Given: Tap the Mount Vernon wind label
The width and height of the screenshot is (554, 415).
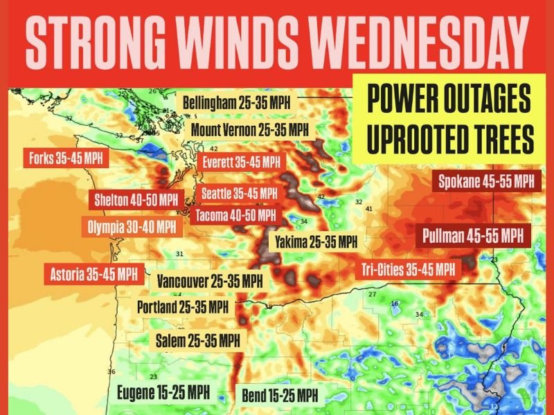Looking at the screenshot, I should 249,129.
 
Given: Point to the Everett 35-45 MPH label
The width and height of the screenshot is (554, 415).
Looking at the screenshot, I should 241,162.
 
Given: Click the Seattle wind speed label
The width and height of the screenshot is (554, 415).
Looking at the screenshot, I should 239,193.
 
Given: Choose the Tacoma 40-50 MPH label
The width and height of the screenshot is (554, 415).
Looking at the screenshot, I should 235,215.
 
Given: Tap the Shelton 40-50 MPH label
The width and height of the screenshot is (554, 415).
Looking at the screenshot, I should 136,201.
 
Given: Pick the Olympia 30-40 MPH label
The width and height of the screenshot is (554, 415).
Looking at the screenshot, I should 132,226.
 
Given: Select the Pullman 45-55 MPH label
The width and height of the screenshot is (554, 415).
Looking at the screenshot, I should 474,235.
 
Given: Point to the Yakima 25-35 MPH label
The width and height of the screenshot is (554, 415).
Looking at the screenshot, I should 316,242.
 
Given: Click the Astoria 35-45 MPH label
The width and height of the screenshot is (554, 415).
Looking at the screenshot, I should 94,273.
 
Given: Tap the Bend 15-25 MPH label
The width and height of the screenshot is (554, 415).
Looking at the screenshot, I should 280,396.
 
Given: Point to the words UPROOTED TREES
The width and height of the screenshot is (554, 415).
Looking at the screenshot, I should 451,140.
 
